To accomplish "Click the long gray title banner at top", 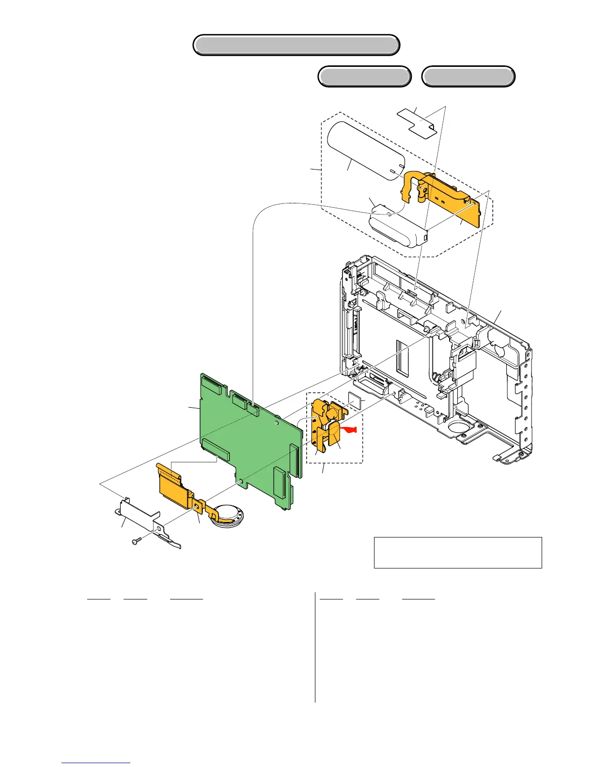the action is click(x=296, y=45).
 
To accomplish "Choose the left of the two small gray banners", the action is click(x=364, y=77).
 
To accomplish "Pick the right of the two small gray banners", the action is click(x=468, y=77).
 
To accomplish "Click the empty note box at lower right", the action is click(x=457, y=552).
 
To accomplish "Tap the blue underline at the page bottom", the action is click(x=96, y=763).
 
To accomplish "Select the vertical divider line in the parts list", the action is click(x=315, y=647).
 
